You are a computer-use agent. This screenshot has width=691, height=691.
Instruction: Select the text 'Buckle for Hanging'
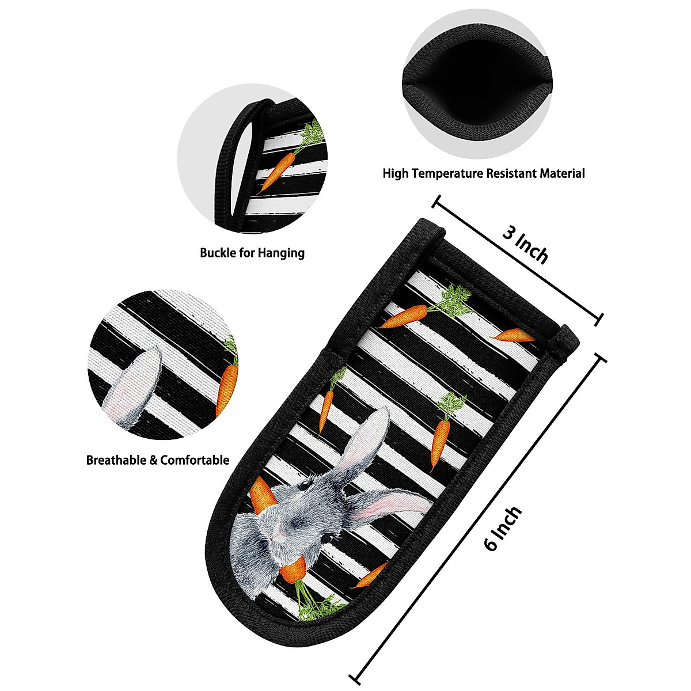(x=252, y=252)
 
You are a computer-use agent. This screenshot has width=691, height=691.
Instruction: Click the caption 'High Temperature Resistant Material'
(x=484, y=173)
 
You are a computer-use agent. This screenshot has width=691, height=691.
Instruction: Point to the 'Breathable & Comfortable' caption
(x=158, y=460)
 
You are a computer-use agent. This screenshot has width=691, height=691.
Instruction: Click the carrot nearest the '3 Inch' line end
(x=514, y=335)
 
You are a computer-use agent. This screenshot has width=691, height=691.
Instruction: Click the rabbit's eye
(x=326, y=537)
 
